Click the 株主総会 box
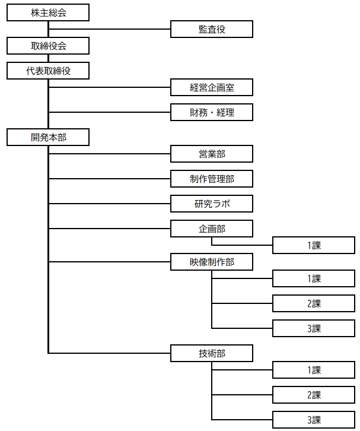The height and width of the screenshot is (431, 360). pos(48,12)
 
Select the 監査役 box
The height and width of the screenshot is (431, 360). pos(212,29)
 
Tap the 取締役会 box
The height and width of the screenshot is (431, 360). pos(48,46)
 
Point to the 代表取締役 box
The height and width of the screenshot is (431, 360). pos(48,71)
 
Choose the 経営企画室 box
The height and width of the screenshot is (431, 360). pos(212,87)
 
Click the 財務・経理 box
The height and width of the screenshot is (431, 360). pos(212,112)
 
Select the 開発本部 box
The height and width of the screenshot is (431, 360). pos(48,137)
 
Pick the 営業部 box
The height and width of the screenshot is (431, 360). pos(212,154)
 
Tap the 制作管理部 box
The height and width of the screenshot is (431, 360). pos(212,179)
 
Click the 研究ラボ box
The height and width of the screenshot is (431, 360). pos(212,204)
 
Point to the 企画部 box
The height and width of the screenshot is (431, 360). pos(212,229)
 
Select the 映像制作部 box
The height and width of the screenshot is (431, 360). pos(212,262)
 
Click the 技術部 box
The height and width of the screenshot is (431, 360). pos(212,353)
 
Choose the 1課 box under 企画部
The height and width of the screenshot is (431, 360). pos(314,245)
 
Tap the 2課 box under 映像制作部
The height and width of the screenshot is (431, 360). pos(314,303)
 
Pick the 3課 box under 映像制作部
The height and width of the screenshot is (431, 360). pos(314,328)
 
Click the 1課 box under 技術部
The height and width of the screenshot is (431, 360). pos(314,370)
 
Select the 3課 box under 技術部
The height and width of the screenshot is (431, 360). pos(314,420)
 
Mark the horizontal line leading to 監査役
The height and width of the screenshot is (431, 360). pos(110,29)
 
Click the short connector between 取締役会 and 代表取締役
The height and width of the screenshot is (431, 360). pos(48,58)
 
